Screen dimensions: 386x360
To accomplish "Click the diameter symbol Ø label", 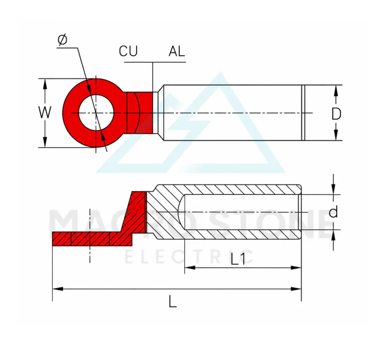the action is [x=62, y=40].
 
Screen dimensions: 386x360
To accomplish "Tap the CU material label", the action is [x=128, y=51].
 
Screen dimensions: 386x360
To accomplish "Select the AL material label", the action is [x=177, y=51].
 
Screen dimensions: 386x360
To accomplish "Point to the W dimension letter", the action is [x=45, y=112].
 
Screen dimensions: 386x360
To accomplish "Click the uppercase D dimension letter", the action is [x=336, y=114].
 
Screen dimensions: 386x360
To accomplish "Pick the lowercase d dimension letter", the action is [x=333, y=212].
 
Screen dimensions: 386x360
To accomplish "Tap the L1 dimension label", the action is [x=238, y=259].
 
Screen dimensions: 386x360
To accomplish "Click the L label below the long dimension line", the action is [x=173, y=302].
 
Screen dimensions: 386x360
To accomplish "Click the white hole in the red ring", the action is [x=96, y=113].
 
